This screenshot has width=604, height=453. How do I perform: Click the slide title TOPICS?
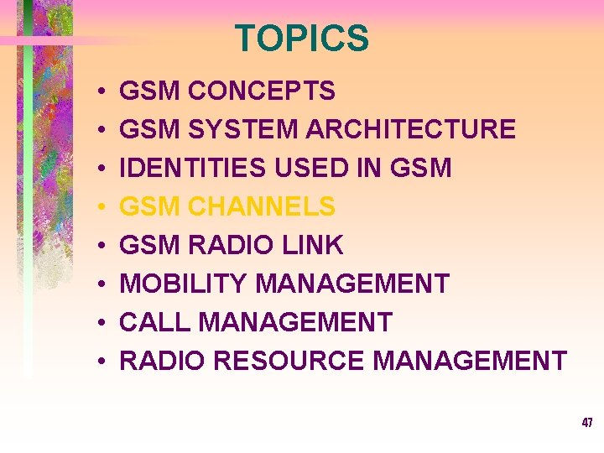302,39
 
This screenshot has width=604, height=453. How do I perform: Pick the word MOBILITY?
183,284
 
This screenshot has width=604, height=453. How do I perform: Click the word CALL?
152,322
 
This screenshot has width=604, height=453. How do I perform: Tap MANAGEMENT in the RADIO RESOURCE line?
470,361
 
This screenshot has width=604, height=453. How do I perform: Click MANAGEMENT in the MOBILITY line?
351,284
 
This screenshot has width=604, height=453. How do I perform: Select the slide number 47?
587,423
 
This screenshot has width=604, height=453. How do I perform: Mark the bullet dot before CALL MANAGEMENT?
99,323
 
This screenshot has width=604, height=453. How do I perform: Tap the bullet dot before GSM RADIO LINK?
99,246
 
